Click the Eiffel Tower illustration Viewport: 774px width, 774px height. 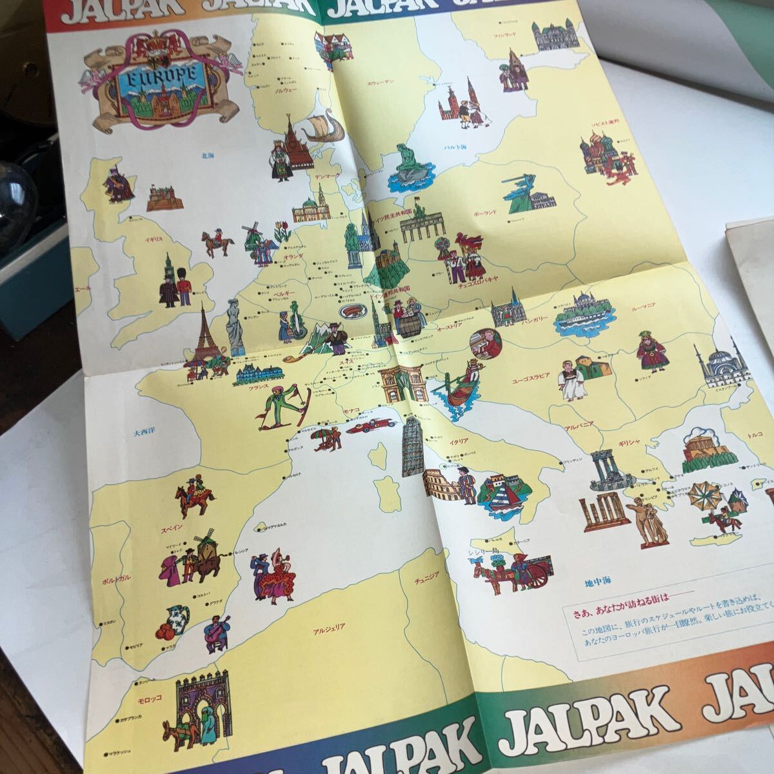[204, 335]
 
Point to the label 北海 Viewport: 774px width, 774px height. [206, 155]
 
